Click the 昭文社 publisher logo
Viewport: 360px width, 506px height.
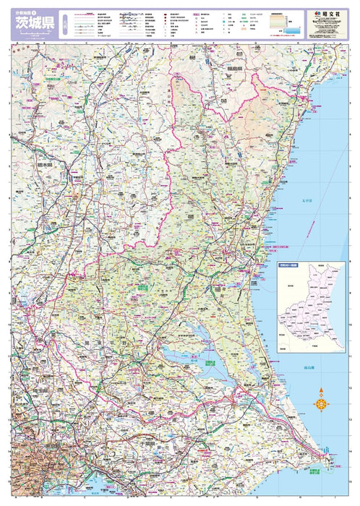point(323,14)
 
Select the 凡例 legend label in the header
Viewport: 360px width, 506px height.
point(66,24)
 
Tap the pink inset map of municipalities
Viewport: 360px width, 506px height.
point(312,296)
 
